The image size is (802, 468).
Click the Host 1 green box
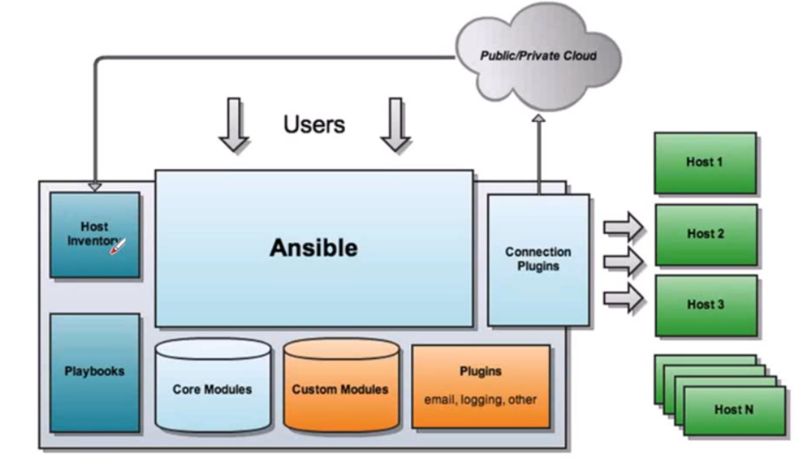tap(705, 162)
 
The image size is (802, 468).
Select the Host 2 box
tap(705, 234)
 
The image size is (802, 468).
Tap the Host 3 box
tap(705, 305)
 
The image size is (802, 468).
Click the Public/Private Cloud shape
tap(538, 56)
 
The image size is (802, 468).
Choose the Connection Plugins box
tap(538, 259)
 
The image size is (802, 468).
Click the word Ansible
tap(313, 248)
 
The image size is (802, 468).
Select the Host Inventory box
tap(94, 235)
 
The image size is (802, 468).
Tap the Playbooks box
tap(94, 371)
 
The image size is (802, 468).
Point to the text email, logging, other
tap(480, 399)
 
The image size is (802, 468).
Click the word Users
tap(314, 125)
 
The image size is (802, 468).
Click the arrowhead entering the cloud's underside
tap(538, 120)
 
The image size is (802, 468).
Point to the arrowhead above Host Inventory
tap(94, 186)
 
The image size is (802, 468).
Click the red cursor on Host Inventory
tap(118, 247)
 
